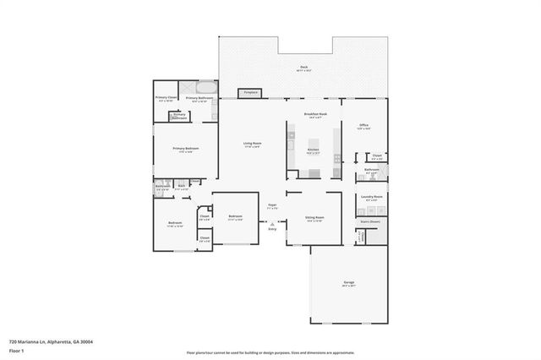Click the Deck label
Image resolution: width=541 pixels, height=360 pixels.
pos(303,68)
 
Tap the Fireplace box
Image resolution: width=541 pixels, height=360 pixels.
pos(250,92)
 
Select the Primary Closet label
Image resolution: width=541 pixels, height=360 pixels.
pos(166,98)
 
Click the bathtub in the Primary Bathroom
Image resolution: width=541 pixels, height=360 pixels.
pos(206,87)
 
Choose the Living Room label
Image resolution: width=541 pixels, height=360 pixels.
pos(252,145)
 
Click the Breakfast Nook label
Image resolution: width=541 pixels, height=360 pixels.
pos(315,115)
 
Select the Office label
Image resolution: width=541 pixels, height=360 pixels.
pos(363,126)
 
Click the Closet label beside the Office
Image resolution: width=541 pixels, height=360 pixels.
pos(377,156)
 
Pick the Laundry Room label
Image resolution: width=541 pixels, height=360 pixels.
pos(372,197)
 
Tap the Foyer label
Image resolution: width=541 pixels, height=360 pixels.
pos(273,205)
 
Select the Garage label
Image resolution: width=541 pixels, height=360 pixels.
pos(348,282)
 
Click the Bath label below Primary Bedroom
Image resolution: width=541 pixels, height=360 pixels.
pos(181,187)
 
